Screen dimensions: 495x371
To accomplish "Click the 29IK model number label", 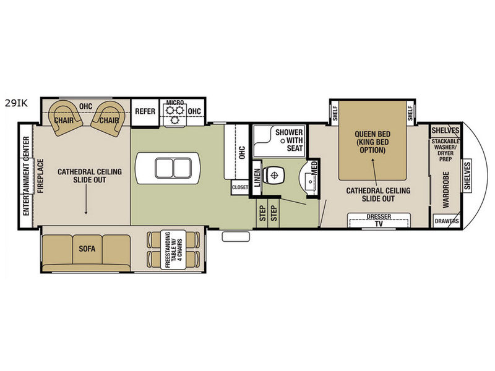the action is pyautogui.click(x=16, y=103).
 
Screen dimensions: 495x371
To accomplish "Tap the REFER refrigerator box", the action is pyautogui.click(x=145, y=113).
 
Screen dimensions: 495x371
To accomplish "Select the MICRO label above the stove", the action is pyautogui.click(x=175, y=102).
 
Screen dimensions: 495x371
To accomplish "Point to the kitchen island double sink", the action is pyautogui.click(x=173, y=168).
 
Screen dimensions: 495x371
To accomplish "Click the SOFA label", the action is pyautogui.click(x=87, y=249).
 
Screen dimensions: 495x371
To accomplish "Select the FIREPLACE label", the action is pyautogui.click(x=40, y=176).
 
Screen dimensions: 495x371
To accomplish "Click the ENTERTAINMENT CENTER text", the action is pyautogui.click(x=26, y=176).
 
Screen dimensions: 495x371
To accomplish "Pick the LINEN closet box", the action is pyautogui.click(x=257, y=177).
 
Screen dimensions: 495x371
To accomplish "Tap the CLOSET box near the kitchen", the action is pyautogui.click(x=240, y=187).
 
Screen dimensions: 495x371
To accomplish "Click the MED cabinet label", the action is pyautogui.click(x=314, y=168).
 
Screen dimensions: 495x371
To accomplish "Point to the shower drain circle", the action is pyautogui.click(x=283, y=141).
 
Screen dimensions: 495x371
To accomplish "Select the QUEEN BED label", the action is pyautogui.click(x=372, y=134).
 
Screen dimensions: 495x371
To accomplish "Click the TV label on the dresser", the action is pyautogui.click(x=379, y=224).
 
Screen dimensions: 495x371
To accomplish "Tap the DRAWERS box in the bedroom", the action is pyautogui.click(x=447, y=221).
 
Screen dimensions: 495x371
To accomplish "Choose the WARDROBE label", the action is pyautogui.click(x=445, y=190).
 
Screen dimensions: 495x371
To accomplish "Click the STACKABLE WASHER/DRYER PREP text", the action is pyautogui.click(x=445, y=150).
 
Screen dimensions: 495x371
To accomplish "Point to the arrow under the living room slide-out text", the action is pyautogui.click(x=86, y=199).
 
